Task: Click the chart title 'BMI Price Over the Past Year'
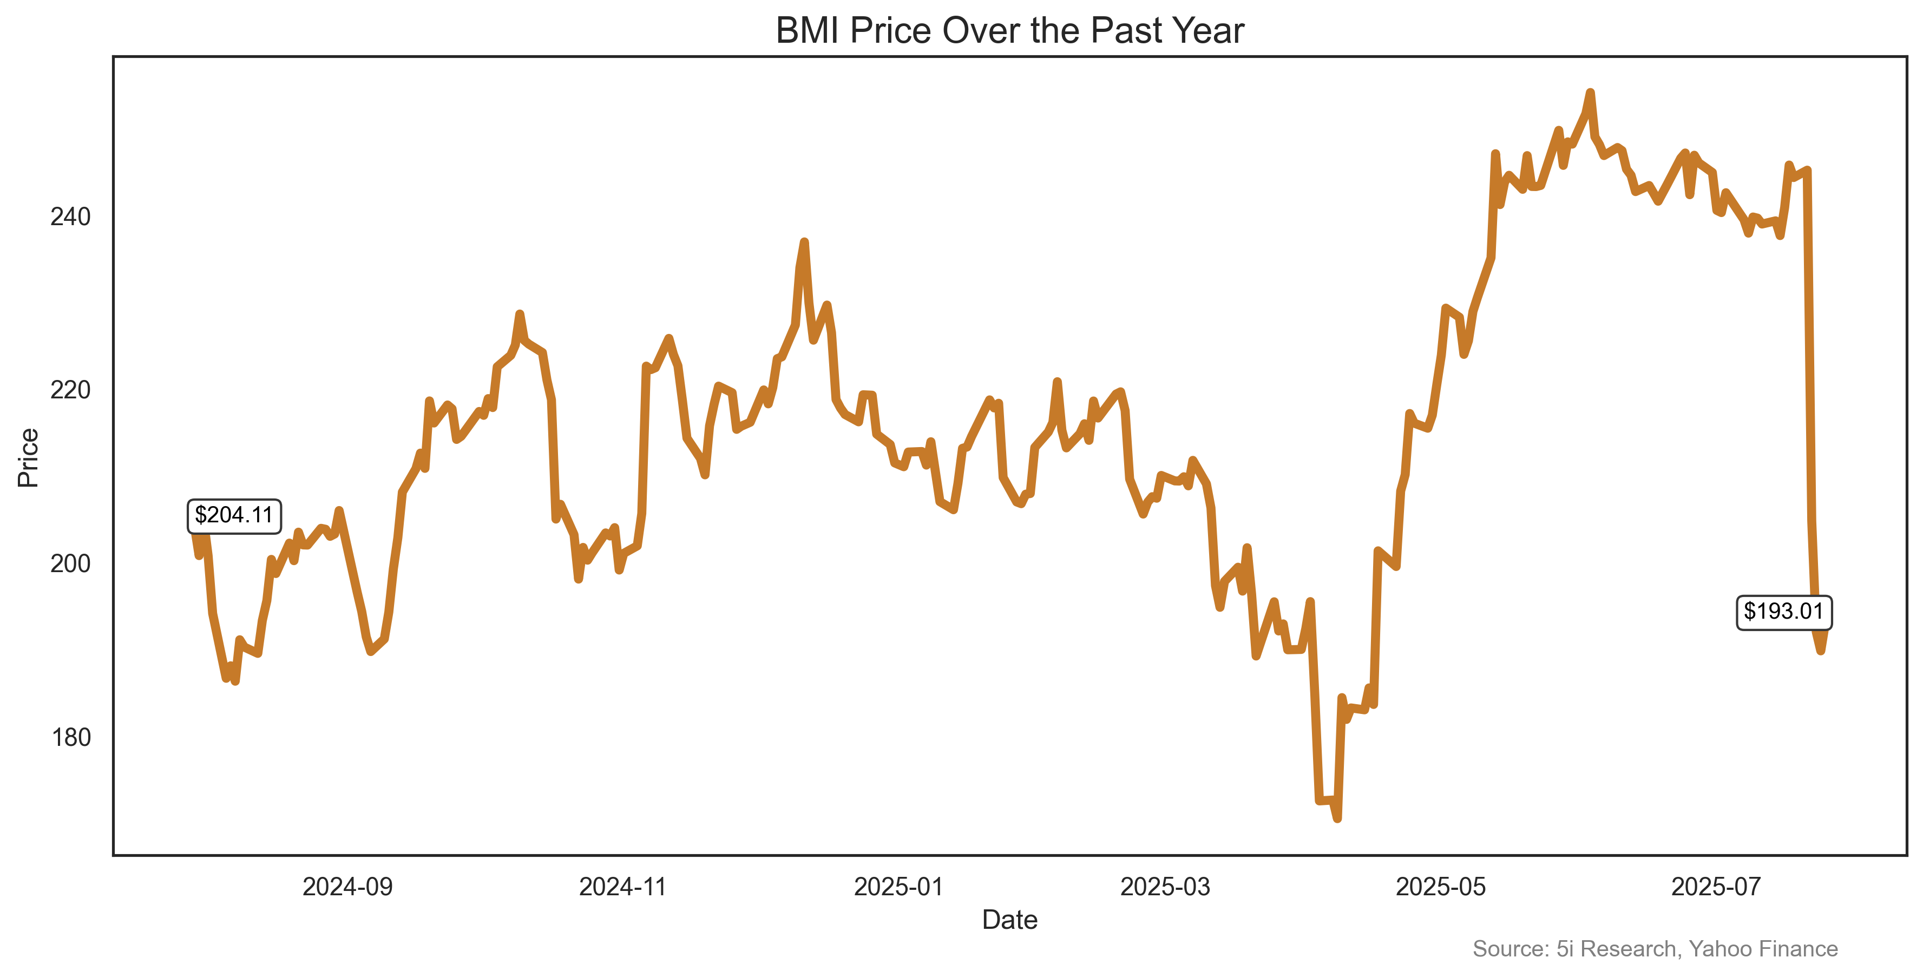(x=1009, y=31)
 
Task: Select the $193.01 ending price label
(x=1783, y=612)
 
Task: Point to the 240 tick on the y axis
(x=70, y=217)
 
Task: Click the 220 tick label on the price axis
(x=70, y=390)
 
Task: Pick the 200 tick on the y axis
(x=70, y=563)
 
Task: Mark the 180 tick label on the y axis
(x=70, y=737)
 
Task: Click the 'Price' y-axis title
(x=28, y=457)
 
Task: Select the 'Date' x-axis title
(x=1009, y=920)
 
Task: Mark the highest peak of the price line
(x=1590, y=93)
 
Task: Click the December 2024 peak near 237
(x=804, y=242)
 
